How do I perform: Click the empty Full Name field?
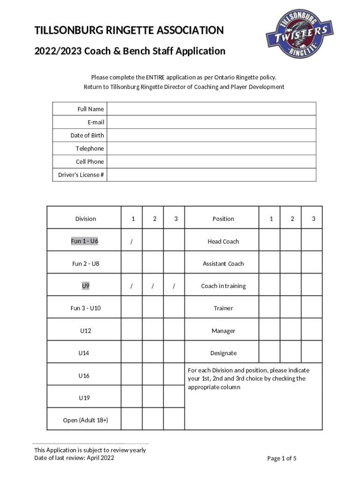[211, 109]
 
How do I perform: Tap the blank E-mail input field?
[211, 122]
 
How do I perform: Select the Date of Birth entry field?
[211, 135]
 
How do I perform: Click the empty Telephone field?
[211, 148]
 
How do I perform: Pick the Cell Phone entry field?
[211, 161]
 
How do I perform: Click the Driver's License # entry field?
[211, 174]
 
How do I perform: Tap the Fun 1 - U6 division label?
[85, 241]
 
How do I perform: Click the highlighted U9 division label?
[86, 285]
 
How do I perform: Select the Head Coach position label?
[223, 241]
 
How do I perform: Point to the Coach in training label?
[223, 286]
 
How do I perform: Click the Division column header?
[86, 218]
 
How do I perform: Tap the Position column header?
[223, 218]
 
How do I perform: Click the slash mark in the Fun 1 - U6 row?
[132, 241]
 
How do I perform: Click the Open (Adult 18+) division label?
[86, 420]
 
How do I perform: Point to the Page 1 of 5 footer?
[281, 458]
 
